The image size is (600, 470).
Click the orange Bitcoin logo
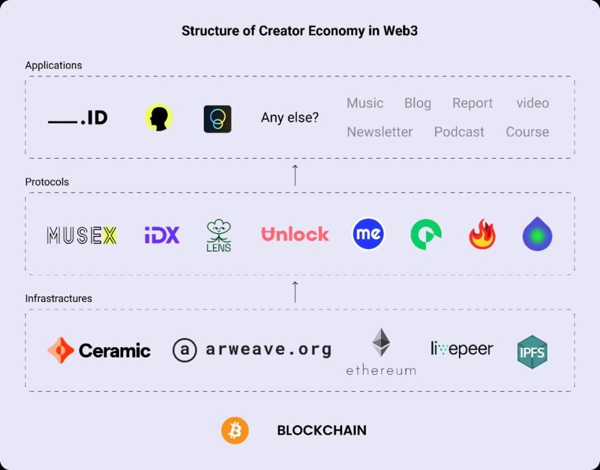pos(235,431)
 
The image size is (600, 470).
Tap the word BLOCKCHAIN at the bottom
pos(322,431)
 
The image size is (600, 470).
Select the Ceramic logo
pos(99,350)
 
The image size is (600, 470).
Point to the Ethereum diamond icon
pos(381,343)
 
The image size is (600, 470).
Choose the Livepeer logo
pos(462,349)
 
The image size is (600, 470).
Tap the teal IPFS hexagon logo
pos(532,352)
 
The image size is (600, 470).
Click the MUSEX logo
pos(82,235)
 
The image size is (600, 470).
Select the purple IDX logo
pos(162,235)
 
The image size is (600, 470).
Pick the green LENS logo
pos(218,235)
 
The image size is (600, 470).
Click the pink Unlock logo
pos(295,234)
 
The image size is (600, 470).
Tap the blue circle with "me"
pos(368,234)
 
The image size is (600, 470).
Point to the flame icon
pos(482,235)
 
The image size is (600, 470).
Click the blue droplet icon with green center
pos(537,234)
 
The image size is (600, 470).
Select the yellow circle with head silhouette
pos(159,118)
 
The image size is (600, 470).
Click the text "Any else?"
pos(290,118)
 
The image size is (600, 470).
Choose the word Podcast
pos(459,132)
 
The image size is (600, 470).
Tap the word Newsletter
pos(379,132)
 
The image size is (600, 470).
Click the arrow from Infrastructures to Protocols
pos(295,291)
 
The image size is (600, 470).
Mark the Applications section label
pos(53,65)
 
